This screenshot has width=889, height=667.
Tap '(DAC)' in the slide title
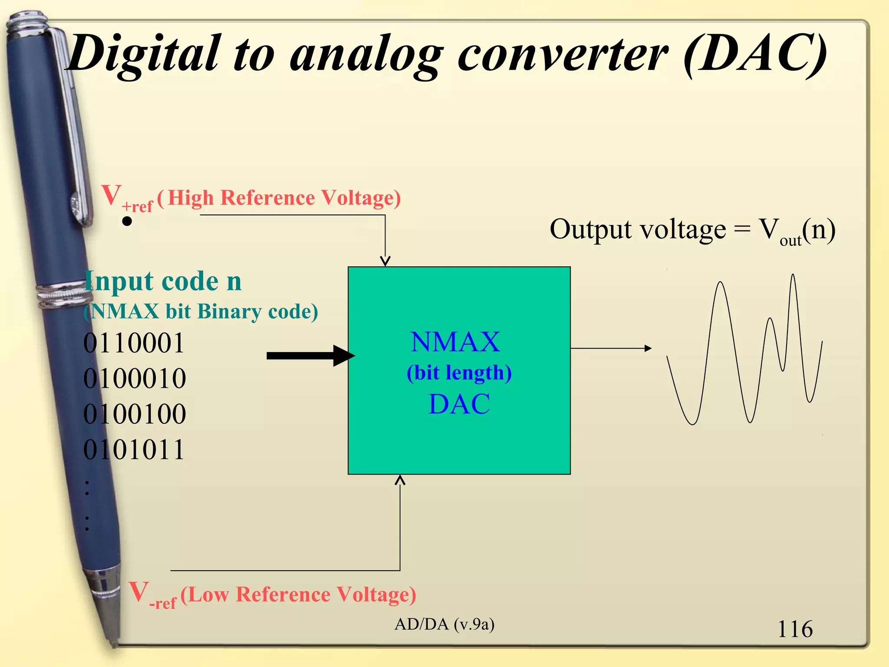click(x=755, y=54)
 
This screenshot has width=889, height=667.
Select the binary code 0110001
click(x=134, y=343)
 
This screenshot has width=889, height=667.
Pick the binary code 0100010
click(x=135, y=378)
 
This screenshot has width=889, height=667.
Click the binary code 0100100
click(x=135, y=414)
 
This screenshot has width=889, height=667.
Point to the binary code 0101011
click(x=134, y=449)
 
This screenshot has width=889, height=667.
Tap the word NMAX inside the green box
click(x=455, y=342)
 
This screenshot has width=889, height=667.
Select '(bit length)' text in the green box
click(x=459, y=373)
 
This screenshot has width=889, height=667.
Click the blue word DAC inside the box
click(x=459, y=404)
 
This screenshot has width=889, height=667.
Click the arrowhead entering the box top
click(x=385, y=261)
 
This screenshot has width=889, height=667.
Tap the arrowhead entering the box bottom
click(x=400, y=479)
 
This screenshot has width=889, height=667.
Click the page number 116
click(x=795, y=629)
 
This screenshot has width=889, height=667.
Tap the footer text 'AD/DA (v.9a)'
click(x=444, y=624)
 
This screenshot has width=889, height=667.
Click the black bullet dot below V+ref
click(x=127, y=221)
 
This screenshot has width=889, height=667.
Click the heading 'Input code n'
click(x=163, y=281)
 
